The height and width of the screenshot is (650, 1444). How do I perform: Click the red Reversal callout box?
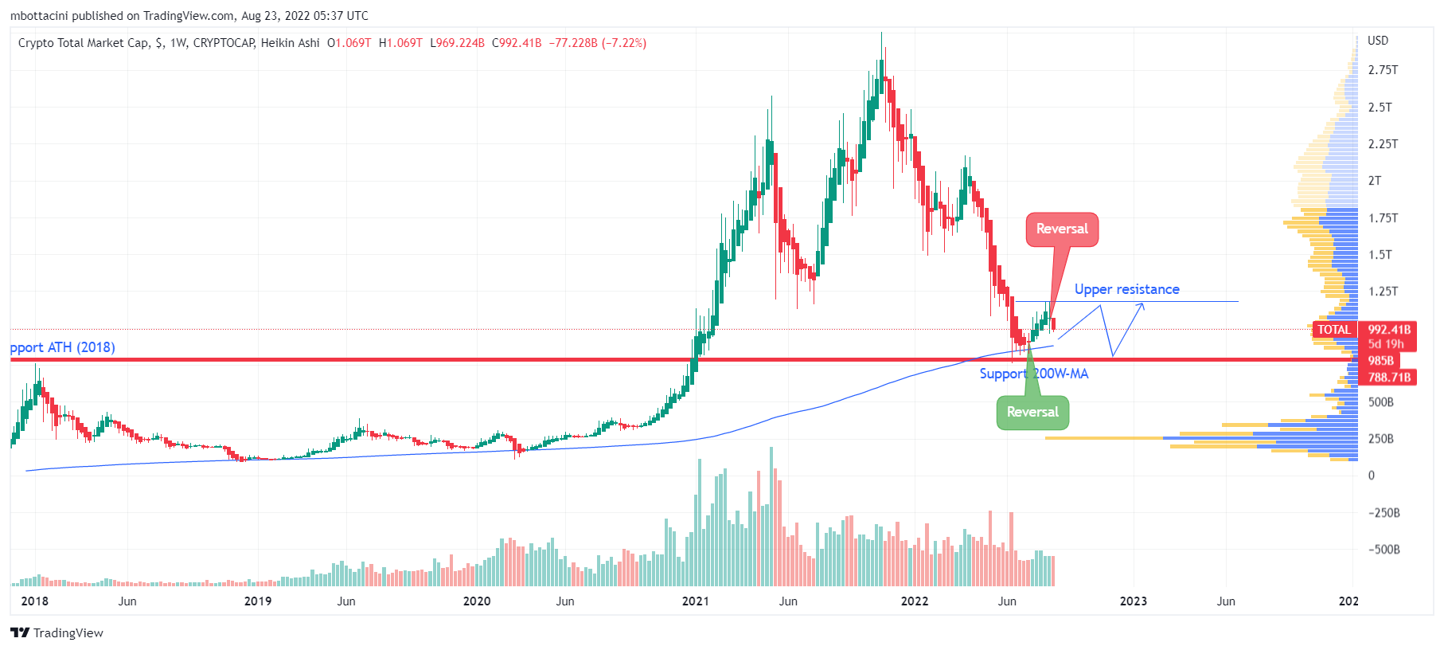click(1062, 229)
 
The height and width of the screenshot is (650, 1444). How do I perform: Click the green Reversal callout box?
click(1032, 413)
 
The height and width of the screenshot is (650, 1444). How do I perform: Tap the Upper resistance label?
click(1126, 290)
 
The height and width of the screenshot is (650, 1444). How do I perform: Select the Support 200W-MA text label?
click(1033, 374)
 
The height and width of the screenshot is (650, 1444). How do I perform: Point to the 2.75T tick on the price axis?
click(1383, 70)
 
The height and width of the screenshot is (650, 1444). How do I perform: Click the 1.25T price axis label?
click(1383, 292)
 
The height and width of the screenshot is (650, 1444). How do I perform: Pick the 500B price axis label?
click(1380, 402)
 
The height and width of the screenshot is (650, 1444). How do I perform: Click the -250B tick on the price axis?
click(1384, 513)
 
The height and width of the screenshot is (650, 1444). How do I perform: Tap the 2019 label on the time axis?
click(257, 601)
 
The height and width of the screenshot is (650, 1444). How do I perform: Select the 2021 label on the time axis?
click(695, 601)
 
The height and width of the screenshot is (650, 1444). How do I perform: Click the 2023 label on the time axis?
click(1133, 601)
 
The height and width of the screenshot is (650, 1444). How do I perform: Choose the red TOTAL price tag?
click(1334, 330)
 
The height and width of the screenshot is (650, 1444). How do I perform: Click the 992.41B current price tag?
click(1389, 330)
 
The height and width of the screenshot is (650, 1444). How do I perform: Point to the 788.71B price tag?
click(1389, 378)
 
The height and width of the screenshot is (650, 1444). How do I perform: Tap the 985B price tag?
click(1380, 361)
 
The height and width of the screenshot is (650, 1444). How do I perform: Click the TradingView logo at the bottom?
click(57, 633)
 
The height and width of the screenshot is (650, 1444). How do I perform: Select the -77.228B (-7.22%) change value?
click(597, 43)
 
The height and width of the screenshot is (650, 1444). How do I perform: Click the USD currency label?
click(1377, 41)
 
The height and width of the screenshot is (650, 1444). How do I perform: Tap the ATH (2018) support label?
click(63, 348)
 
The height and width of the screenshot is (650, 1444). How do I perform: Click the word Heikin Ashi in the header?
click(290, 43)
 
